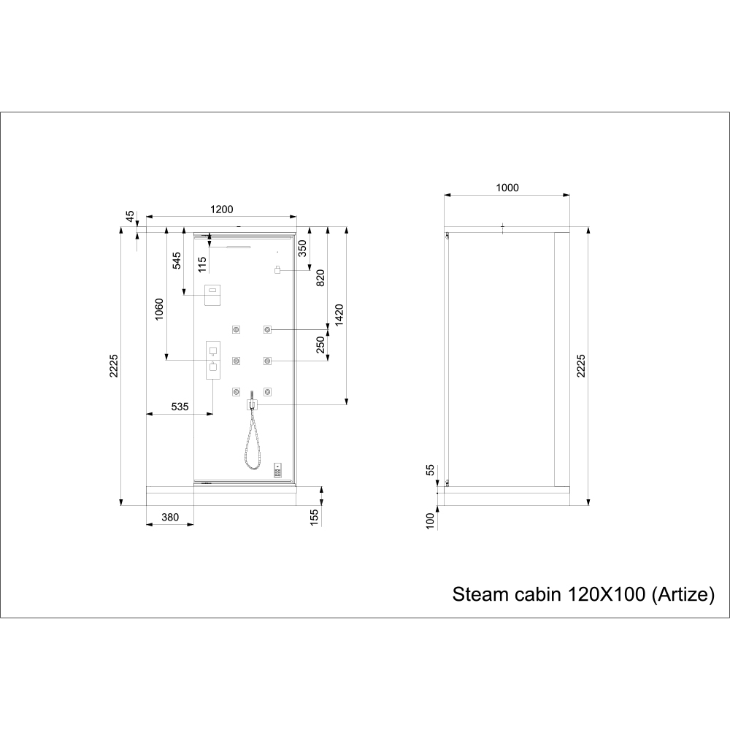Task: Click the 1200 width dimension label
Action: click(222, 210)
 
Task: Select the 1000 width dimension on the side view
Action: click(507, 188)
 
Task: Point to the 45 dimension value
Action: click(131, 217)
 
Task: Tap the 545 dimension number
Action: click(177, 261)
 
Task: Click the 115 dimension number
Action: click(202, 264)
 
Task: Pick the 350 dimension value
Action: click(303, 248)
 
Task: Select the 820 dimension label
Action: click(320, 278)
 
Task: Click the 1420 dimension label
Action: click(339, 315)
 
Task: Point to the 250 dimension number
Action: click(320, 345)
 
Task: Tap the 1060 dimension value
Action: click(159, 309)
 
